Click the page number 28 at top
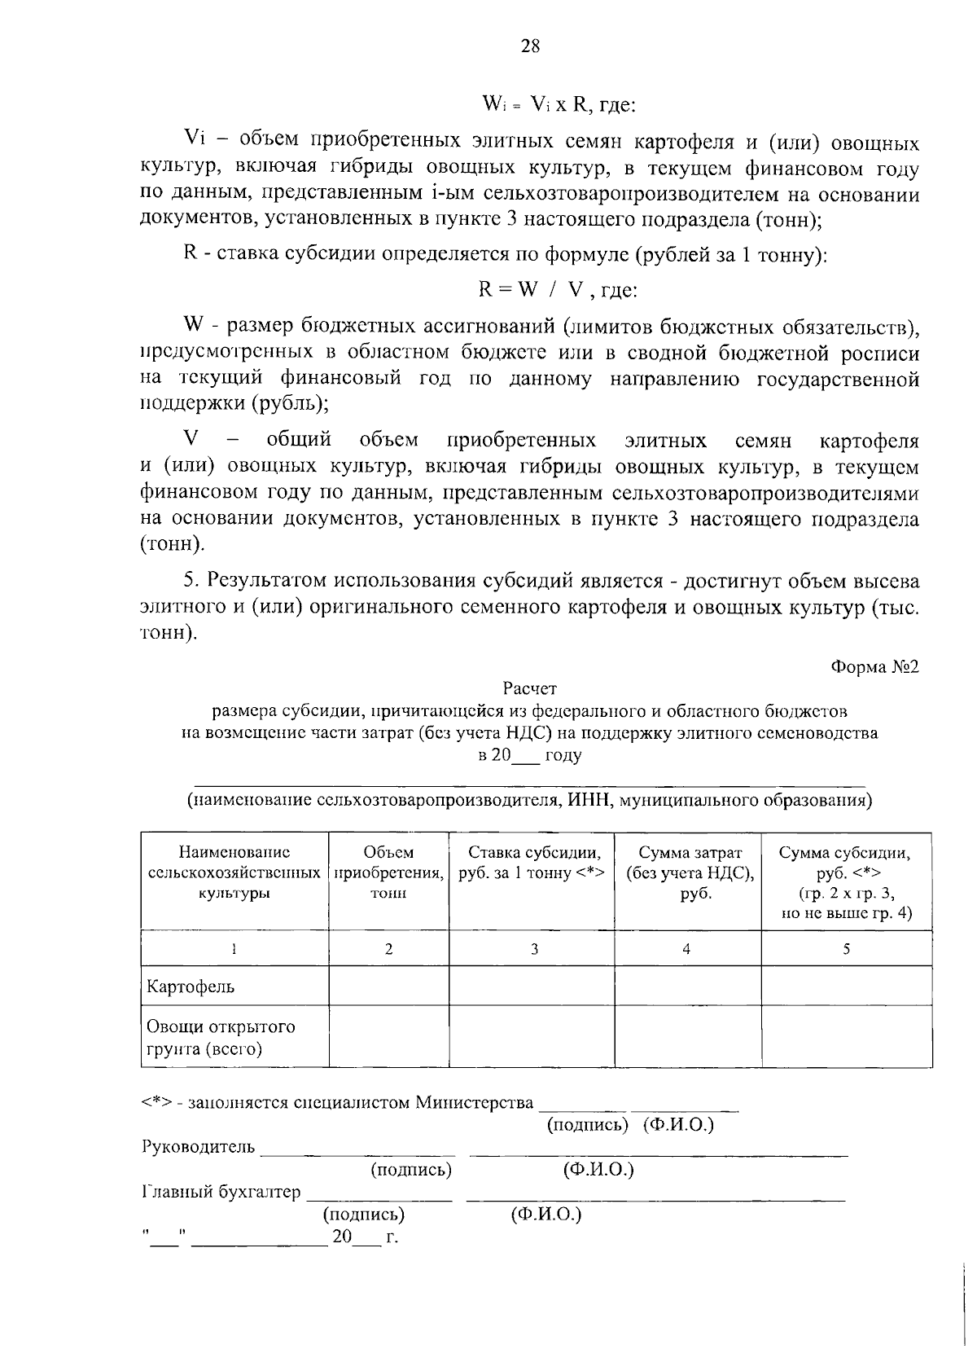click(530, 46)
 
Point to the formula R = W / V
click(557, 291)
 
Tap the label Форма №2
click(874, 667)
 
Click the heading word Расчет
click(530, 689)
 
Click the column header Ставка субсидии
click(534, 863)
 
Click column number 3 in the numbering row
click(534, 948)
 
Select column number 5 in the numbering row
click(847, 948)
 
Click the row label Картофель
click(191, 987)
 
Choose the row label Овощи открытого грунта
click(220, 1037)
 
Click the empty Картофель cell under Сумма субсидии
click(847, 986)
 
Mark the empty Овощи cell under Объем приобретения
click(388, 1036)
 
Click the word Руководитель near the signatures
click(198, 1147)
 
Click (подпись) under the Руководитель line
click(410, 1170)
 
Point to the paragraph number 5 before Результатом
click(190, 581)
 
